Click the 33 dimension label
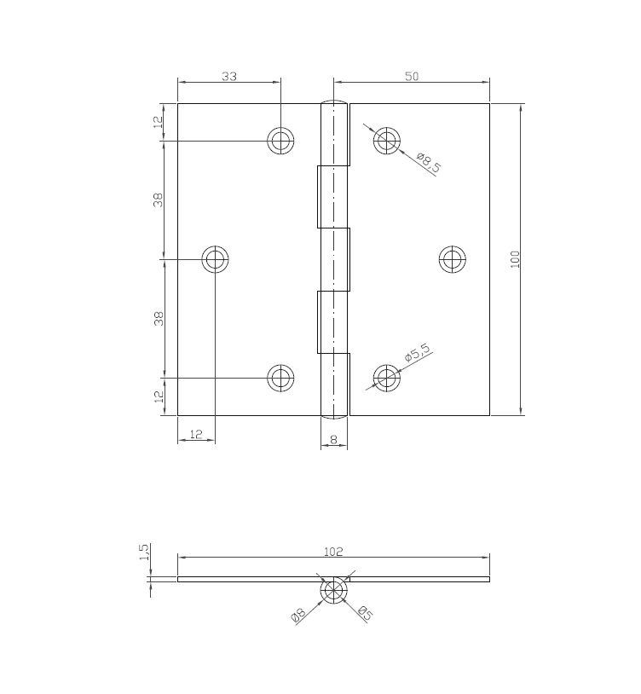point(229,76)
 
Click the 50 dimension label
point(412,76)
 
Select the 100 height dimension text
point(515,259)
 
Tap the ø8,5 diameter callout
point(429,161)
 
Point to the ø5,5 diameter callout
point(419,353)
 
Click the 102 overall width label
point(333,552)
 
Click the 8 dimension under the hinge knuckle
point(333,440)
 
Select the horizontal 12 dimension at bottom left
point(196,434)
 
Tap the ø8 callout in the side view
point(298,614)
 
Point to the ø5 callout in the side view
point(364,612)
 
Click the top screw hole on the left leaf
point(280,141)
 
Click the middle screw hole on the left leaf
point(215,258)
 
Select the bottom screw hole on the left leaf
point(280,377)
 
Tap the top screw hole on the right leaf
point(387,141)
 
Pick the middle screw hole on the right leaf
point(452,258)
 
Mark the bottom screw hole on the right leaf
point(387,377)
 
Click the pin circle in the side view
point(333,590)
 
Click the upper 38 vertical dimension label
point(159,200)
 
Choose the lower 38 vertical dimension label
point(159,318)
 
